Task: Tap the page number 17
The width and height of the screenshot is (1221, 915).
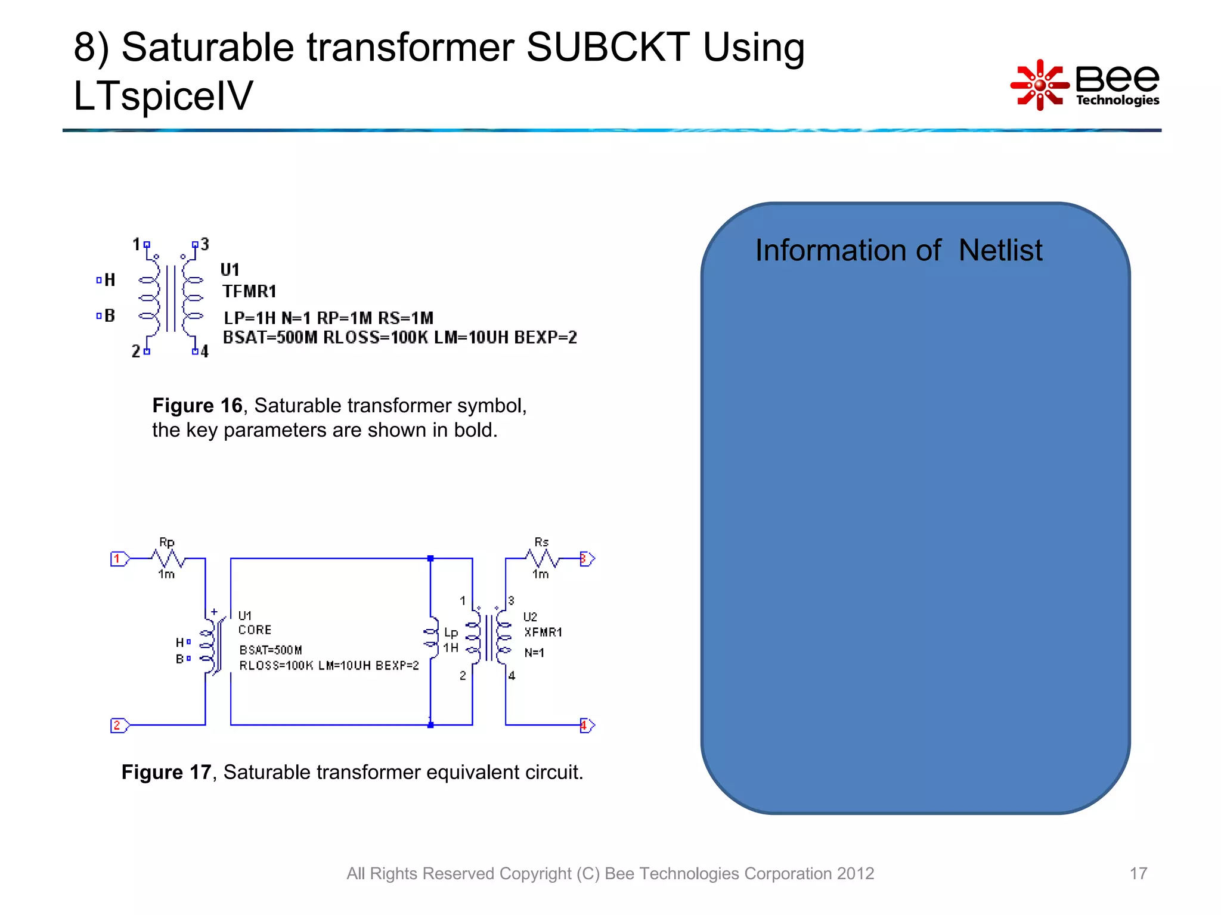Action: click(1138, 873)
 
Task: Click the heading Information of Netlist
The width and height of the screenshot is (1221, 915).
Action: click(898, 250)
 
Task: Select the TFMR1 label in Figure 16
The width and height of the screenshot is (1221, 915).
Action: click(249, 291)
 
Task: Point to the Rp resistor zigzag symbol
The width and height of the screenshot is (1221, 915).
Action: click(169, 558)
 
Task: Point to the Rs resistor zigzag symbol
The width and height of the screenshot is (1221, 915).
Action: click(541, 558)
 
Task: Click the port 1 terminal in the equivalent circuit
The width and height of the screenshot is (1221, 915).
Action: click(117, 559)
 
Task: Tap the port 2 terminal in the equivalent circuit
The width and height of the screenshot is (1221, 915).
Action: click(117, 725)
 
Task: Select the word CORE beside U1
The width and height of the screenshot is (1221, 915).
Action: click(255, 630)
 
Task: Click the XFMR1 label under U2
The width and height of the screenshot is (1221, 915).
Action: click(543, 632)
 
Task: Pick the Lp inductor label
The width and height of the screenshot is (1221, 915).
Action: click(451, 633)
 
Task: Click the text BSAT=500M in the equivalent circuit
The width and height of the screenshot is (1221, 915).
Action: click(271, 650)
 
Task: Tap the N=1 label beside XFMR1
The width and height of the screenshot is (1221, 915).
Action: click(534, 653)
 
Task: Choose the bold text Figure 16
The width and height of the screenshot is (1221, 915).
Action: click(197, 406)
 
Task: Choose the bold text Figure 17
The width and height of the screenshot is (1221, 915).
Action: click(166, 772)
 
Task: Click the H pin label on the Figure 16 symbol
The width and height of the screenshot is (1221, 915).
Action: click(110, 280)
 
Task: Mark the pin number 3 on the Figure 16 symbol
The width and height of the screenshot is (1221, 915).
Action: click(204, 244)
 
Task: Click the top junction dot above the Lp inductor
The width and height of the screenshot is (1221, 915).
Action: click(430, 558)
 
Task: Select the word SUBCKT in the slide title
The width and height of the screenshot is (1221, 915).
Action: click(608, 48)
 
